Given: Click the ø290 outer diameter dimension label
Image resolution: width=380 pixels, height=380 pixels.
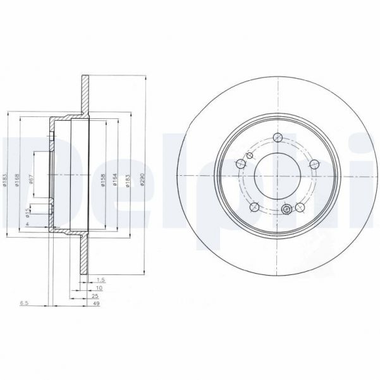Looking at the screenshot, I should [144, 181].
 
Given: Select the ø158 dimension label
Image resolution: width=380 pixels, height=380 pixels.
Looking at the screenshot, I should [103, 181].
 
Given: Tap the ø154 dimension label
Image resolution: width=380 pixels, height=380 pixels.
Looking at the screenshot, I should [115, 181].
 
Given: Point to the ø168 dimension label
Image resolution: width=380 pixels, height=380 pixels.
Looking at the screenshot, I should [18, 181].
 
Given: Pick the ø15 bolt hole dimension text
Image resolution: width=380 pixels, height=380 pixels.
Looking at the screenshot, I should [27, 213].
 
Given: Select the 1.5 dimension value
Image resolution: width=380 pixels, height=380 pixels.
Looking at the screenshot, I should [101, 278].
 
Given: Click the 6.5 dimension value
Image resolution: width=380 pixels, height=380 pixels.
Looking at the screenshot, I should [24, 303].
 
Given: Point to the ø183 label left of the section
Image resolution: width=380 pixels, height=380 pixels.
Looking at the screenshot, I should [4, 181].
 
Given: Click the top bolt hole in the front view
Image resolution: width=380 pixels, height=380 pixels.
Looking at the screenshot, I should [278, 138].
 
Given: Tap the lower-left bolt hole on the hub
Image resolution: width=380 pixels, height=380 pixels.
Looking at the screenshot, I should [254, 207].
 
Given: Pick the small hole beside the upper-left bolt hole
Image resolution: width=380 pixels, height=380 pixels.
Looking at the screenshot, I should [240, 164].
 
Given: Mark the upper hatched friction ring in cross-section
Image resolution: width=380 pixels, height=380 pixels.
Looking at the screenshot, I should [84, 95].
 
